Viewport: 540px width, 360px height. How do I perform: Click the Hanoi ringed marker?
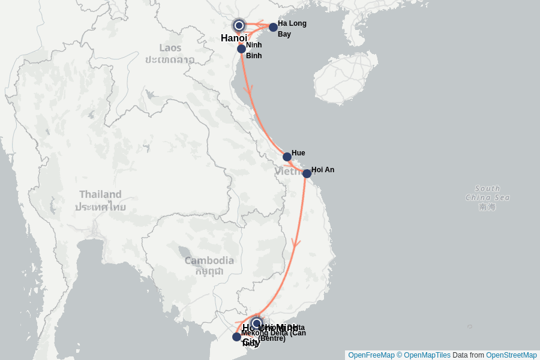239,25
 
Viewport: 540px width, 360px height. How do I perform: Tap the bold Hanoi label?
234,38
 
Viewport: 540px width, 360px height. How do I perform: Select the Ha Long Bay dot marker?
273,27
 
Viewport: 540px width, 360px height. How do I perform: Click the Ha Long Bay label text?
292,29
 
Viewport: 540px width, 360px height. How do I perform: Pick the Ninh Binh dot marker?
241,49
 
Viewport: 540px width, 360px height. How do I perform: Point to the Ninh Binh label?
254,50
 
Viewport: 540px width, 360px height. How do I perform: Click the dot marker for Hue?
287,157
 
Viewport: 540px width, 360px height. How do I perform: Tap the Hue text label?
298,153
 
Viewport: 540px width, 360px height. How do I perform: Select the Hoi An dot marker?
307,173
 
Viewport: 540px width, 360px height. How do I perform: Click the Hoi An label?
323,170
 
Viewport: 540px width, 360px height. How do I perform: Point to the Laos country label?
170,53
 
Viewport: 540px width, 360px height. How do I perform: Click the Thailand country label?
100,200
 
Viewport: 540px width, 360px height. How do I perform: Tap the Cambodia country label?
209,265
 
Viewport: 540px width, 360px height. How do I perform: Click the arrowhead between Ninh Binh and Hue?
248,90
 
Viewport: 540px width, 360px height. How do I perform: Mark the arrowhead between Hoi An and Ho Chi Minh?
296,243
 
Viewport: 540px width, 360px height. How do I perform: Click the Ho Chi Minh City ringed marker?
257,323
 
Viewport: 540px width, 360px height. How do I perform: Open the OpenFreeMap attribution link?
371,355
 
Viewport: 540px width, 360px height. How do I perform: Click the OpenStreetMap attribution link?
511,355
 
